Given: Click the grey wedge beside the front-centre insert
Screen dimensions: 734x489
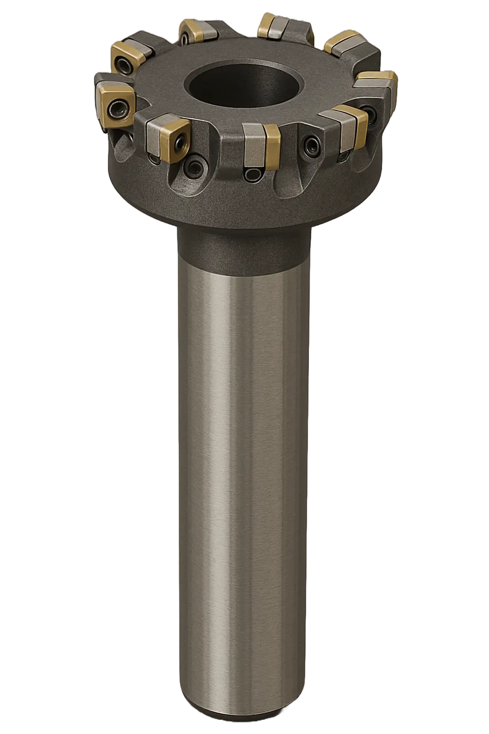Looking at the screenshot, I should click(253, 149).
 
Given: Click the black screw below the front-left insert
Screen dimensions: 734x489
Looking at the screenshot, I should click(191, 166).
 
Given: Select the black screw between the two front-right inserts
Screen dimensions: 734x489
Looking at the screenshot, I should click(312, 143).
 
